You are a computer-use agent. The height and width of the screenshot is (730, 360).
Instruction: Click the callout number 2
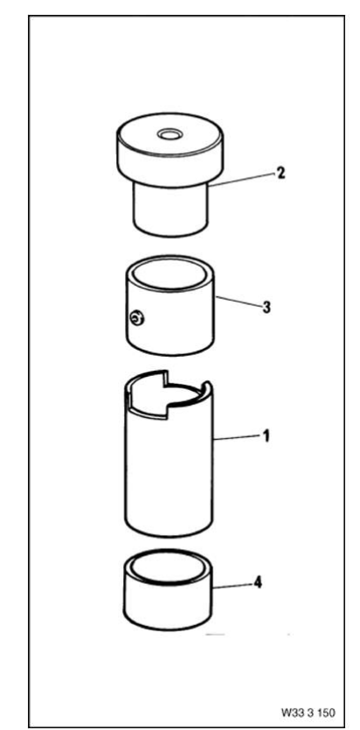[x=280, y=173]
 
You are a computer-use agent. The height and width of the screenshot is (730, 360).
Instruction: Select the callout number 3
[x=266, y=307]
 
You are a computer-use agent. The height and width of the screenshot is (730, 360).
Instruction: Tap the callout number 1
[x=266, y=437]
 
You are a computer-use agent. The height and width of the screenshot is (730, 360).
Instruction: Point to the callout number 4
[x=257, y=582]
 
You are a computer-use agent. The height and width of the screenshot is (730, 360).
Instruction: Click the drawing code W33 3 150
[x=308, y=713]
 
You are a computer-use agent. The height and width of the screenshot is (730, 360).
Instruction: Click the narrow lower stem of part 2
[x=170, y=211]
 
